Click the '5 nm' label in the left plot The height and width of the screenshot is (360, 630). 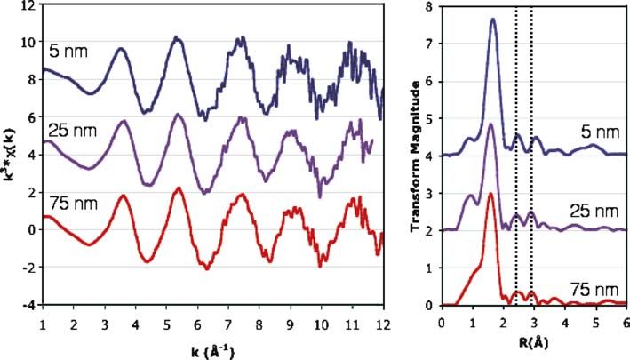pos(68,52)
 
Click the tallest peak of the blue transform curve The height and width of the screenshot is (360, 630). pos(492,20)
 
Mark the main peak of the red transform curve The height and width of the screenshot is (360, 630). pos(490,194)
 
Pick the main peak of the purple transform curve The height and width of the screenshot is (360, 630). pos(491,124)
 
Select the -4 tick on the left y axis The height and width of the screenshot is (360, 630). pos(29,305)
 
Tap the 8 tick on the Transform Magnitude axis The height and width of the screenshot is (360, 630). pos(428,6)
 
